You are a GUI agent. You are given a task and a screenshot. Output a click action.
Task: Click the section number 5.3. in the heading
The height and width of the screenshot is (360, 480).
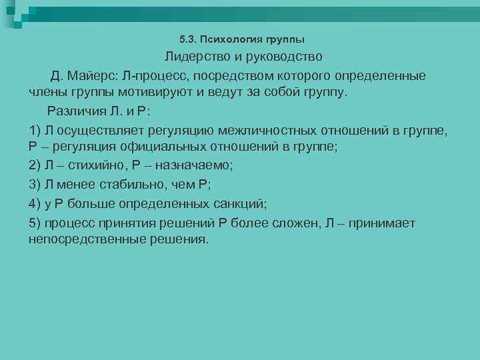click(188, 39)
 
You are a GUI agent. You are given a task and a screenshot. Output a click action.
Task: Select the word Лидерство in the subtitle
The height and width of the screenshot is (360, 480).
click(196, 57)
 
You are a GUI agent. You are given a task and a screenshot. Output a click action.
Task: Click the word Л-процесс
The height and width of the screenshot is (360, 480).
click(154, 76)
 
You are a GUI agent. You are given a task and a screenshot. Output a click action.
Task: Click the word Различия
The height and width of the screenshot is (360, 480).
click(75, 110)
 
